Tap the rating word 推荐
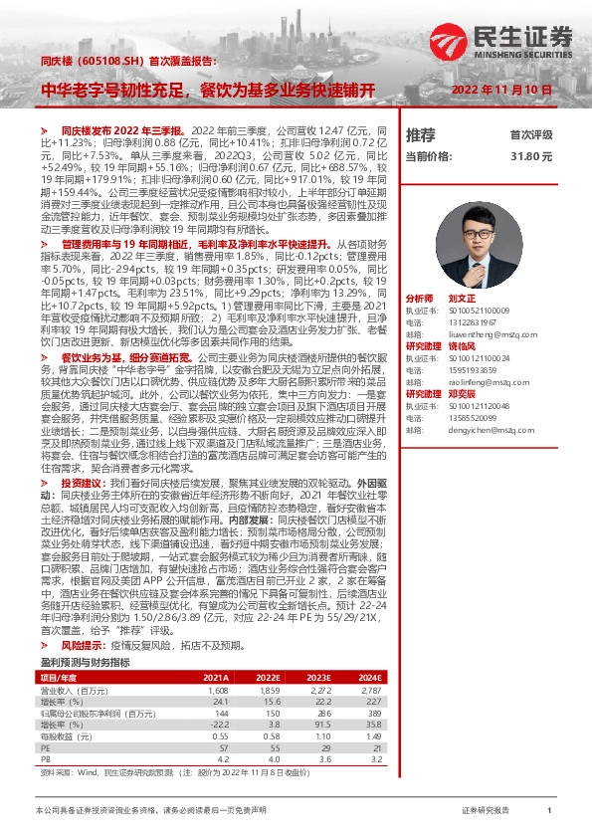pyautogui.click(x=421, y=134)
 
